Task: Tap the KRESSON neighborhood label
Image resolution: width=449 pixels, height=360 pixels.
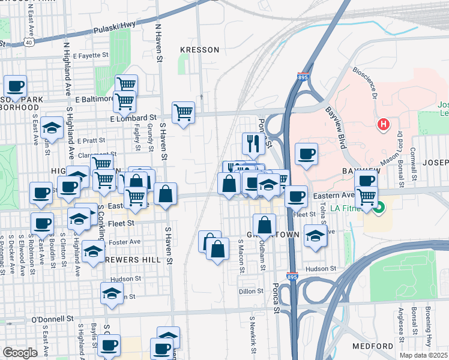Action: (x=200, y=50)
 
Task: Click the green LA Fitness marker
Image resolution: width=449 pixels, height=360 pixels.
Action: (x=379, y=209)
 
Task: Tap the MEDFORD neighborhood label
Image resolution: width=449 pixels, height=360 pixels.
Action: (x=373, y=347)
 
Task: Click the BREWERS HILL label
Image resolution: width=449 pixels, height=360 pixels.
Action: (x=133, y=260)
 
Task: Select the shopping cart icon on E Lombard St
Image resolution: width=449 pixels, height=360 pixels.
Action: (x=183, y=112)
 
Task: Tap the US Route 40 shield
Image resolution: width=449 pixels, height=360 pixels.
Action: (x=29, y=41)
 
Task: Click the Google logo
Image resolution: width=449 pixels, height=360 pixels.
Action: (x=20, y=353)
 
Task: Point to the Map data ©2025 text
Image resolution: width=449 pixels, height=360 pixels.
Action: (x=423, y=355)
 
